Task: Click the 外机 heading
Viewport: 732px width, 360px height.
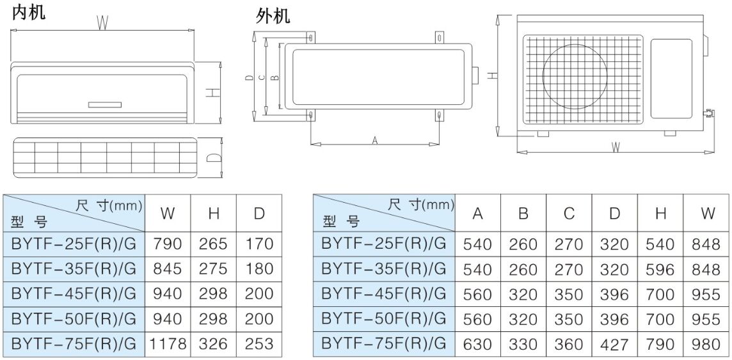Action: [x=273, y=16]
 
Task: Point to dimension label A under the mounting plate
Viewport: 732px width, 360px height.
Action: [x=375, y=140]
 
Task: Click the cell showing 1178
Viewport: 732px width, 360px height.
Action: [x=168, y=344]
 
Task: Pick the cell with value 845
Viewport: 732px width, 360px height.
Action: [x=168, y=269]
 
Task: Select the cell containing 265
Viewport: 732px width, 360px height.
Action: [x=214, y=244]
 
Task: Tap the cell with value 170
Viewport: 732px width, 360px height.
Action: [x=259, y=244]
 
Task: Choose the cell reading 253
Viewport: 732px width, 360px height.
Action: [x=259, y=344]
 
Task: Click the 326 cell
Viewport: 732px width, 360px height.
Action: [x=214, y=344]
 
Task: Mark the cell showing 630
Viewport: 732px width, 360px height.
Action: [x=478, y=345]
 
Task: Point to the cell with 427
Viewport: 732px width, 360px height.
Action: [x=615, y=345]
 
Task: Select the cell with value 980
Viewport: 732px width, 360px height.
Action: [x=706, y=345]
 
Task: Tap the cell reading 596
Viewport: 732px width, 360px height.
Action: [x=661, y=269]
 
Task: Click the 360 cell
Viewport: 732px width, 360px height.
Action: [x=569, y=345]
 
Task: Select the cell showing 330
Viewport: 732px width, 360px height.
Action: [x=523, y=345]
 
